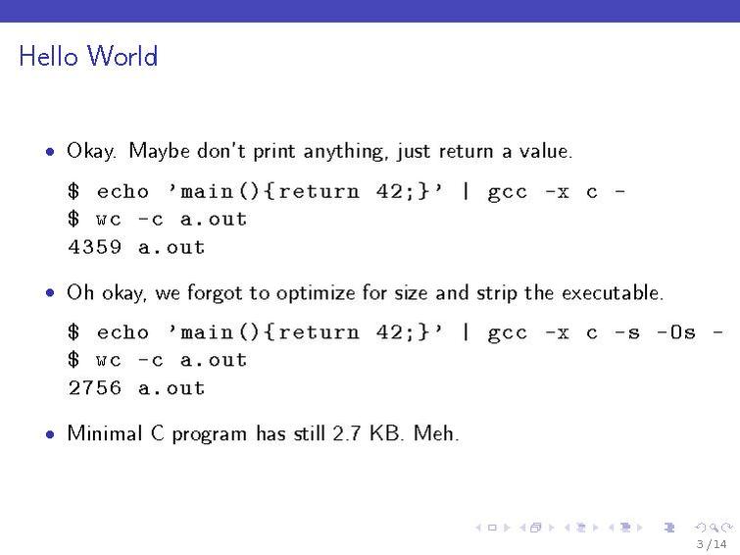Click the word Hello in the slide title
click(x=49, y=57)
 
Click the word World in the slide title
click(x=123, y=57)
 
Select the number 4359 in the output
click(x=95, y=247)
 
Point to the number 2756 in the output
click(x=95, y=388)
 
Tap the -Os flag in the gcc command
click(x=675, y=332)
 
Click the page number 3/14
click(x=711, y=544)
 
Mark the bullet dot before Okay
click(x=49, y=152)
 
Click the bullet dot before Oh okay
click(x=49, y=293)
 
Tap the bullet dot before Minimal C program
click(x=49, y=433)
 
